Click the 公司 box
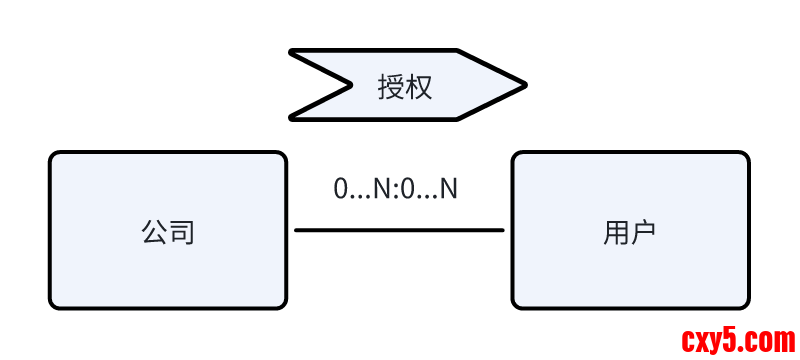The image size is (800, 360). [x=168, y=230]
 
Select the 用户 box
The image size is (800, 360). [x=630, y=230]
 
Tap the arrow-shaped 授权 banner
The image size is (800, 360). [x=406, y=85]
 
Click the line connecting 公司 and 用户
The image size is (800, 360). [x=399, y=230]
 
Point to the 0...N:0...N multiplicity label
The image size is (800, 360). [x=395, y=188]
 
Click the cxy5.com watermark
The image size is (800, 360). [x=738, y=340]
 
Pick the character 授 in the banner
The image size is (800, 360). [x=391, y=86]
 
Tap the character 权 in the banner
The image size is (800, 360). [x=419, y=86]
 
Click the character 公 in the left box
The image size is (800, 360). [x=154, y=233]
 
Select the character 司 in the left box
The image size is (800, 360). [x=181, y=233]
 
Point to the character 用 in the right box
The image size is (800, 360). [x=616, y=233]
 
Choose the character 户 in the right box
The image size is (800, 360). [x=643, y=233]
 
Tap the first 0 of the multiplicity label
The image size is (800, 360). [x=341, y=188]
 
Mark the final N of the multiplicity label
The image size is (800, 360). [x=449, y=188]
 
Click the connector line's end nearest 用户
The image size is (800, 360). [x=502, y=230]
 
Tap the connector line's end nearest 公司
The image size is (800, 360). [x=297, y=230]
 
